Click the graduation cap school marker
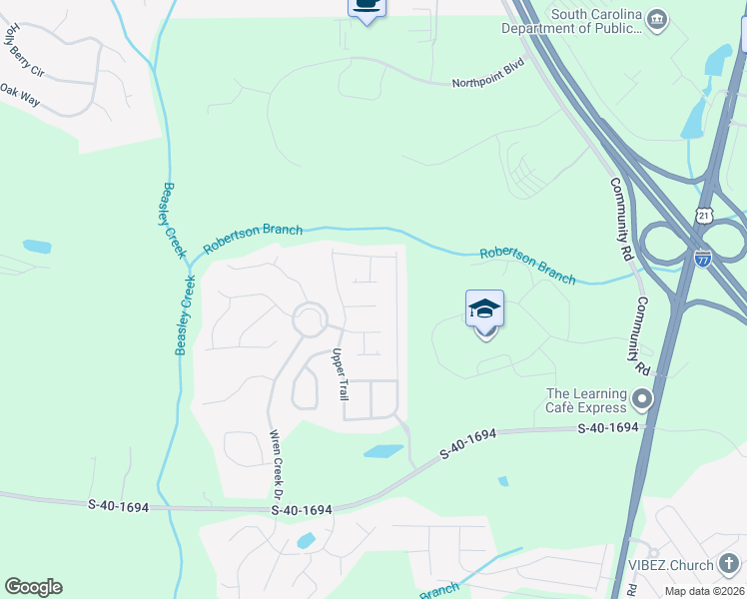coord(484,309)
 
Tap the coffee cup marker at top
coord(367,7)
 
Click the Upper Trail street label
coord(340,374)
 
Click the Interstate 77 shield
coord(703,258)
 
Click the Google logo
coord(33,587)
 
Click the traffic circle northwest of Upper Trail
coord(310,320)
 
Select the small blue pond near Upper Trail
coord(383,451)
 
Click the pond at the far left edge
coord(37,246)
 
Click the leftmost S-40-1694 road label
coord(118,506)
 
